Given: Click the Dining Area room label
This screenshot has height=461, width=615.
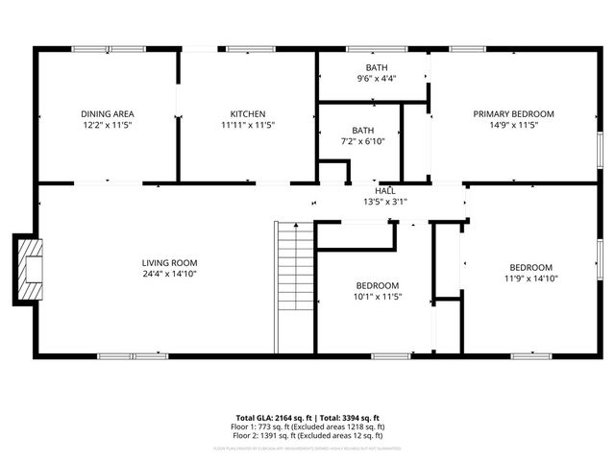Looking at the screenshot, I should tap(107, 113).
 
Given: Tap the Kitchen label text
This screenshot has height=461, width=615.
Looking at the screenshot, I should tap(248, 113).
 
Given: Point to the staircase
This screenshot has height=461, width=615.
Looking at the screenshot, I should tap(294, 288).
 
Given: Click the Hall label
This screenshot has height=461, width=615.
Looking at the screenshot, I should tap(384, 191).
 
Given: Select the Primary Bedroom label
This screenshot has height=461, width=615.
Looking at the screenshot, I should tap(513, 113).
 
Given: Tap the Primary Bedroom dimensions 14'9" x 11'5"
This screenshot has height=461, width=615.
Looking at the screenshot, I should tap(513, 125).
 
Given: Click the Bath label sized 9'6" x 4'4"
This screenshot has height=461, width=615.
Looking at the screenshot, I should tap(376, 67).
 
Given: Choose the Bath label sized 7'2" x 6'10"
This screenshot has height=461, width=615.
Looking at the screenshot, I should tap(363, 130).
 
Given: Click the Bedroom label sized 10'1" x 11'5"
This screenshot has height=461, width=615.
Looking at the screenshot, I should tap(378, 285).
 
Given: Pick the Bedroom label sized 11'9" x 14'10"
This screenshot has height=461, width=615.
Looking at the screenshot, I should tap(530, 267).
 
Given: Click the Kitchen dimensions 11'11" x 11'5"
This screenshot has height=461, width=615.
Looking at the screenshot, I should tap(248, 125).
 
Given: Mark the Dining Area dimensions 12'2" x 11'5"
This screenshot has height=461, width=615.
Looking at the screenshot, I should tap(107, 125).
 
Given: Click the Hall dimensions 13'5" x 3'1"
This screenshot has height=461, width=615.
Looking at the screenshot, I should tap(384, 203).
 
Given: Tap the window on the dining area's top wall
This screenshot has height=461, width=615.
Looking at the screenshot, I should tap(108, 49).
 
